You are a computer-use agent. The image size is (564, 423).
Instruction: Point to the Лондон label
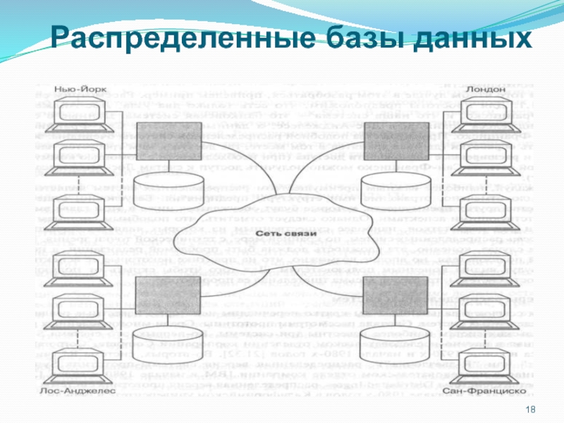[484, 90]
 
